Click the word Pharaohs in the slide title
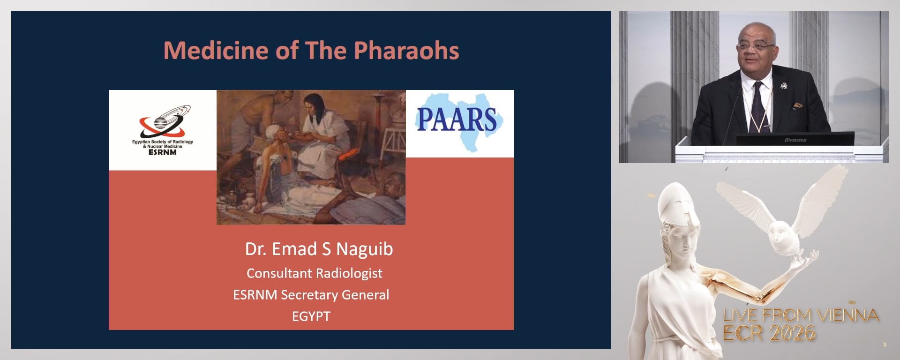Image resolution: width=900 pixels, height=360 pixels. (406, 51)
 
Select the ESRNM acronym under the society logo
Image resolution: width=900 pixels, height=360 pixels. (162, 152)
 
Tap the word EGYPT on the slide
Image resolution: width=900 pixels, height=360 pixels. (311, 316)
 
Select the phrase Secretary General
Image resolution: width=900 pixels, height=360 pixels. (335, 295)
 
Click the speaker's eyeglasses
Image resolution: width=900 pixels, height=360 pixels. (755, 47)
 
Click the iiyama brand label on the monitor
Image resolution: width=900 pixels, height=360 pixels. (795, 140)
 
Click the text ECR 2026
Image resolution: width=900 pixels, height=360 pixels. (769, 333)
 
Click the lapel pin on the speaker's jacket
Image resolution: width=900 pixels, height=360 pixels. (783, 86)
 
